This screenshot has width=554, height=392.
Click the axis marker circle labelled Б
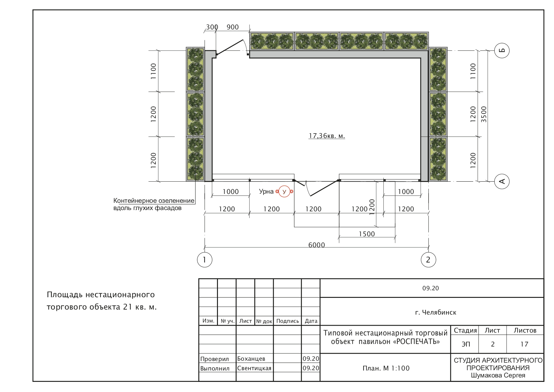(x=502, y=50)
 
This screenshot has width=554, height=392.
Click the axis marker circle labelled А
(x=502, y=181)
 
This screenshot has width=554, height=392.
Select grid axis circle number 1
(x=205, y=260)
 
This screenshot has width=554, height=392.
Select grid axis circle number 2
(x=428, y=260)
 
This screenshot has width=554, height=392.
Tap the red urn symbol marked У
(x=284, y=191)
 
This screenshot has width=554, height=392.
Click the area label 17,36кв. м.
(x=327, y=136)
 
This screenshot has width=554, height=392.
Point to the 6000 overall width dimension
(x=316, y=245)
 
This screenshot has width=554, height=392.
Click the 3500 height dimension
(x=484, y=114)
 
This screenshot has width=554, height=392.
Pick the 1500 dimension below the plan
(x=367, y=234)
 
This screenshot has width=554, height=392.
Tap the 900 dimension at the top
(x=233, y=27)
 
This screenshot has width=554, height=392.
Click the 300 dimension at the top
(x=212, y=27)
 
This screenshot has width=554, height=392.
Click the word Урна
(x=266, y=191)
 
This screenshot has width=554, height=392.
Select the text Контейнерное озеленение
(x=154, y=201)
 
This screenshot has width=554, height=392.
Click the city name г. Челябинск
(x=436, y=312)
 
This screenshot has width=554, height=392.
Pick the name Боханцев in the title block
(x=251, y=359)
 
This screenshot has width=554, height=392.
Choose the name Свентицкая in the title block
(x=254, y=368)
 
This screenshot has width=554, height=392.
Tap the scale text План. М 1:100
(x=386, y=368)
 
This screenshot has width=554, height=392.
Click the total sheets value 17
(x=524, y=344)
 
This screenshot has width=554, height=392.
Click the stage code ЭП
(x=466, y=344)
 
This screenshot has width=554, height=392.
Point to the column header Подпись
(x=287, y=321)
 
